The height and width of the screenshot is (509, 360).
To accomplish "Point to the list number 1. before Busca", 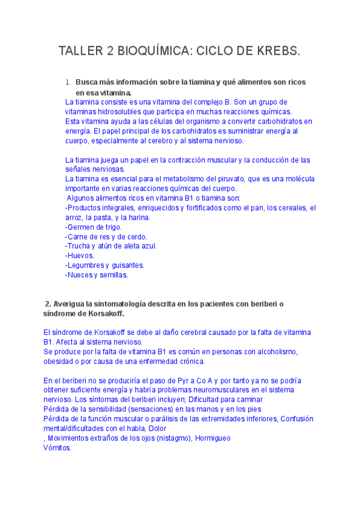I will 68,82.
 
